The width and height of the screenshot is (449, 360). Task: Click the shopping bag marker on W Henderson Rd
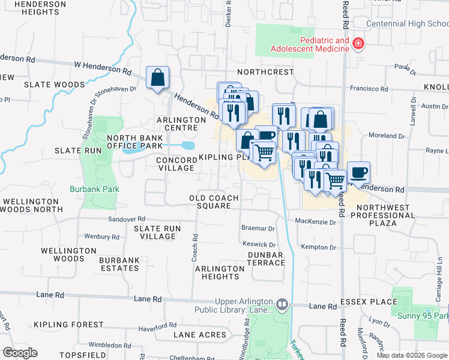coord(157,77)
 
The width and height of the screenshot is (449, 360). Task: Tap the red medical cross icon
coord(358,44)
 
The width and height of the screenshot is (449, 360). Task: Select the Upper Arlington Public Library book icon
coord(282,305)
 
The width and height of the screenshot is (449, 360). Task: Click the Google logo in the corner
coord(20,353)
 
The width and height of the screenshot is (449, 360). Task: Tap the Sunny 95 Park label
coord(422,316)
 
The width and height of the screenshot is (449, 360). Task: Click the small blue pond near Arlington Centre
coord(187,146)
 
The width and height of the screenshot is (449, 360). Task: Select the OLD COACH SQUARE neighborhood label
coord(214,202)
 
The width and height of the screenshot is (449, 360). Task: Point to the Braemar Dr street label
coord(258,229)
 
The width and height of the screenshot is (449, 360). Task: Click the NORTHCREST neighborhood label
coord(265,72)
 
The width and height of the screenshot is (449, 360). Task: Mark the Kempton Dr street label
coord(318,247)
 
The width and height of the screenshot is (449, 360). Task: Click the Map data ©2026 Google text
coord(411,355)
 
